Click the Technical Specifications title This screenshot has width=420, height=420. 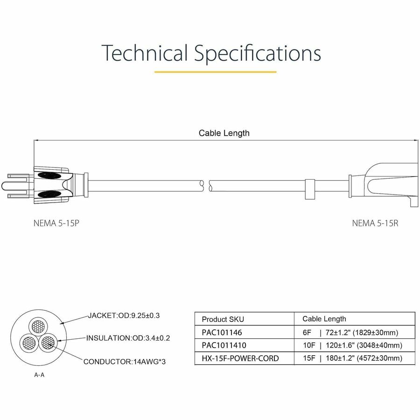click(x=211, y=53)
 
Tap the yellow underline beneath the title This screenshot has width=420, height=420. click(x=215, y=72)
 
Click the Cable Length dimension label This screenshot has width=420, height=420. click(x=224, y=133)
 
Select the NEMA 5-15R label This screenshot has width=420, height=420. click(x=375, y=223)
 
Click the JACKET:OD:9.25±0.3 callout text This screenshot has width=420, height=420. click(x=124, y=315)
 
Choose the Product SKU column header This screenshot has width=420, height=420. click(x=223, y=319)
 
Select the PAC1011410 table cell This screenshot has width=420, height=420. click(x=223, y=345)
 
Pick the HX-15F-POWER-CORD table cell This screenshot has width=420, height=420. click(x=240, y=358)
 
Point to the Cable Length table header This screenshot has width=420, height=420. click(x=324, y=319)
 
